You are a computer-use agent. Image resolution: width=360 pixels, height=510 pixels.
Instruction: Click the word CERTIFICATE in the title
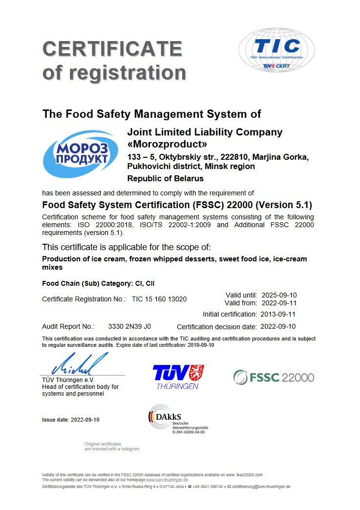pos(112,49)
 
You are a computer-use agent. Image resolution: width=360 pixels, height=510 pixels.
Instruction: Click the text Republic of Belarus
pos(165,178)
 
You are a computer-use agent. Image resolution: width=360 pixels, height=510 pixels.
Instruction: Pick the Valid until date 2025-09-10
pos(279,295)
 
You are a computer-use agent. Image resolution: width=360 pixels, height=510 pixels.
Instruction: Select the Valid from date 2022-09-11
pos(279,303)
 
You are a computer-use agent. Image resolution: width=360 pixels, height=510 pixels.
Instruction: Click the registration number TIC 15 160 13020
pos(159,299)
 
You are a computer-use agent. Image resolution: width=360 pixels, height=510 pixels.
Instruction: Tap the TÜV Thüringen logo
pos(178,377)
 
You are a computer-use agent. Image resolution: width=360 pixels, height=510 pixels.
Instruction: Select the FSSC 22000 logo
pos(274,377)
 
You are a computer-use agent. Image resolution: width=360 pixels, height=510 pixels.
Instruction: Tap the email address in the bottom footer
pos(261,487)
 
